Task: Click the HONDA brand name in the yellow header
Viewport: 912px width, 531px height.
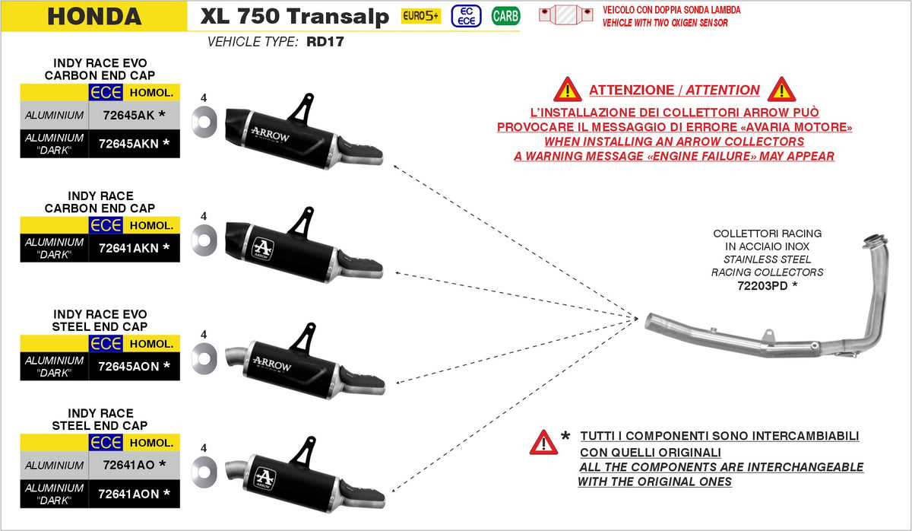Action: [x=94, y=16]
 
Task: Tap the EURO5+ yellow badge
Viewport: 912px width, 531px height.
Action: [x=421, y=16]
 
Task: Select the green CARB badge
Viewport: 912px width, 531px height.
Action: [x=505, y=15]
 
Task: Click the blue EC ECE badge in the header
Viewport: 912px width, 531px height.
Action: [x=466, y=15]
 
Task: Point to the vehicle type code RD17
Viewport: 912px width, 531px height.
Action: [x=325, y=42]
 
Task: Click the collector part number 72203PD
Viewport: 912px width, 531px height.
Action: [x=763, y=286]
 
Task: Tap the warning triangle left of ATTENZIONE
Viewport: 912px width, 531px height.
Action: [x=567, y=90]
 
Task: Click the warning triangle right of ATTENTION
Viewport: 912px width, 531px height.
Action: [x=781, y=90]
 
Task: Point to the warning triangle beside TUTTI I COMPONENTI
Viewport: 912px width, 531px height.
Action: [x=543, y=442]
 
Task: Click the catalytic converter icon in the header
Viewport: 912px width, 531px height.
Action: [x=566, y=15]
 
